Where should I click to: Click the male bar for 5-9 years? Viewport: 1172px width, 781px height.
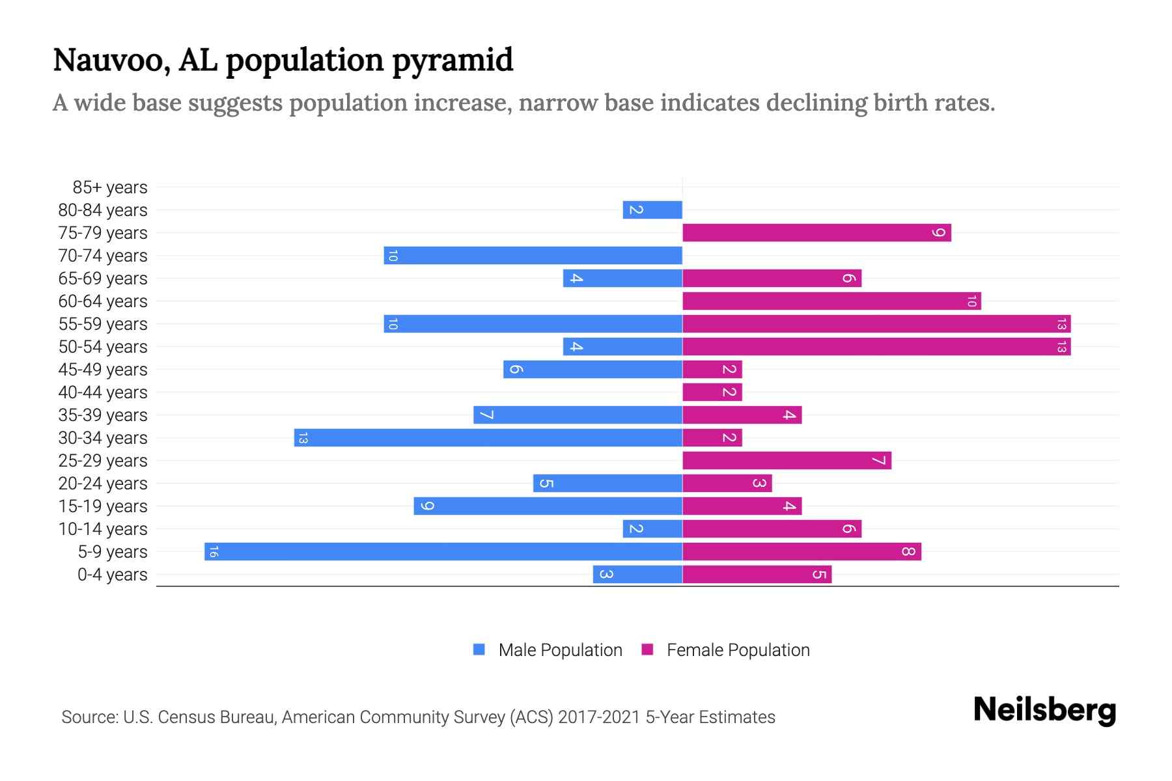443,552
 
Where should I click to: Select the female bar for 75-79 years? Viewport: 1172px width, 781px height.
816,233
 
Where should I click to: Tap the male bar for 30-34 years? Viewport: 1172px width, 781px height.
488,438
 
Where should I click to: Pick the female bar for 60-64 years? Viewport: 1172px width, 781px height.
831,301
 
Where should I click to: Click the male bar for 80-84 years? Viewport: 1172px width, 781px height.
652,210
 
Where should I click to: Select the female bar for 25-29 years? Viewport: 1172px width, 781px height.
787,461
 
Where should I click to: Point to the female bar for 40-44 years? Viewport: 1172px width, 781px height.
712,392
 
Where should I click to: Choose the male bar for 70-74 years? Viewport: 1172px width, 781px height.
533,256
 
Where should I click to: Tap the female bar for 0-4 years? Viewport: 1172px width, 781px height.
757,575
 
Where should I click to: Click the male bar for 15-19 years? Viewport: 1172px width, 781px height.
548,506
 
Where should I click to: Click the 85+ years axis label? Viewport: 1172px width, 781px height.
110,187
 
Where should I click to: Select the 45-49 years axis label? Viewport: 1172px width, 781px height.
103,370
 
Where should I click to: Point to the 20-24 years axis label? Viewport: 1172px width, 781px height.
103,484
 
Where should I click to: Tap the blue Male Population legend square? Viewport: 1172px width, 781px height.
479,650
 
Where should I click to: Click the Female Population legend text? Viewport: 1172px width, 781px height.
738,650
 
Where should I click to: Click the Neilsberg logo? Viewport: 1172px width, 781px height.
1044,710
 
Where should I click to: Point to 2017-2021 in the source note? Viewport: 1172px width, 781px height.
599,717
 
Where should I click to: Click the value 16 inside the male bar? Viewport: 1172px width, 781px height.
214,552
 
